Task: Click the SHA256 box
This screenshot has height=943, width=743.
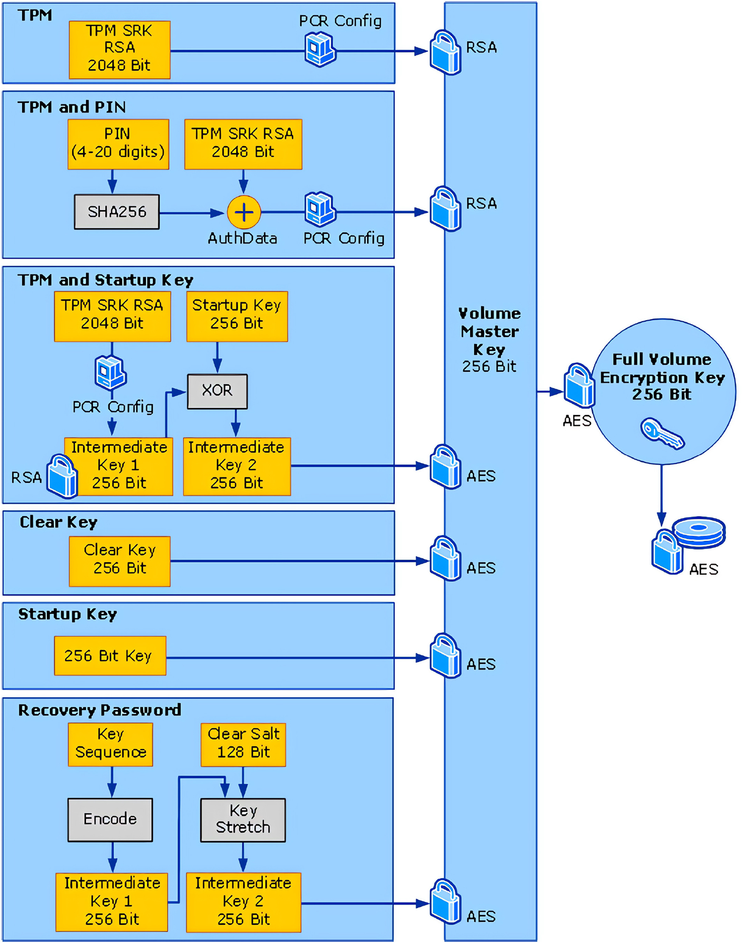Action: coord(117,212)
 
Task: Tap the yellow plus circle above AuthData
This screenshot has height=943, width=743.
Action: coord(244,212)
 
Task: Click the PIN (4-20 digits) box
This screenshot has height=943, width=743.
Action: coord(118,144)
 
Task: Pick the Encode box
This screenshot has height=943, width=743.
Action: coord(110,819)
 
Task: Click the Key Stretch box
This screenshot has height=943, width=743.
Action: coord(243,819)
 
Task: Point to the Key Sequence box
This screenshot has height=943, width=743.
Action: coord(110,744)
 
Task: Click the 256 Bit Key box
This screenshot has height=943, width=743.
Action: coord(110,656)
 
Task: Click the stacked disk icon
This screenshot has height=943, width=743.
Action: coord(698,532)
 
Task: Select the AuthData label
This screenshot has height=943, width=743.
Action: coord(242,238)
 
